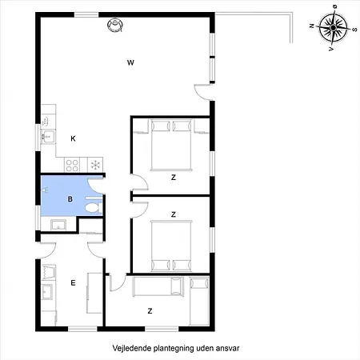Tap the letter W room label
pyautogui.click(x=130, y=62)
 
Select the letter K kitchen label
pyautogui.click(x=73, y=138)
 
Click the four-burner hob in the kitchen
pyautogui.click(x=72, y=165)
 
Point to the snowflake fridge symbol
pyautogui.click(x=95, y=165)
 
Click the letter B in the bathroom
pyautogui.click(x=70, y=198)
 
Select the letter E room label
pyautogui.click(x=73, y=282)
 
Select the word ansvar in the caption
pyautogui.click(x=228, y=349)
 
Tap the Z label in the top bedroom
pyautogui.click(x=173, y=178)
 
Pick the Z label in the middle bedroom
pyautogui.click(x=173, y=214)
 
